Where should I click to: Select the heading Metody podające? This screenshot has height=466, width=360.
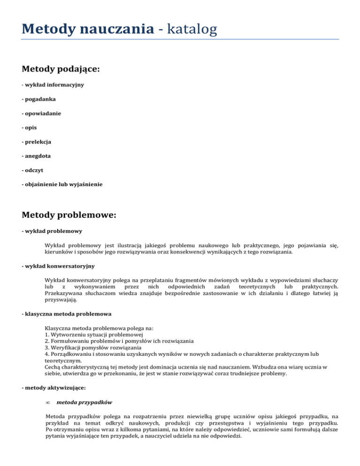tap(61, 69)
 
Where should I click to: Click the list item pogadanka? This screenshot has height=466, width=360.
tap(41, 99)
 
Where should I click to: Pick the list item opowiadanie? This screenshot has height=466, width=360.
tap(44, 113)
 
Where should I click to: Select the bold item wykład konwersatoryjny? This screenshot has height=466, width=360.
tap(58, 266)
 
